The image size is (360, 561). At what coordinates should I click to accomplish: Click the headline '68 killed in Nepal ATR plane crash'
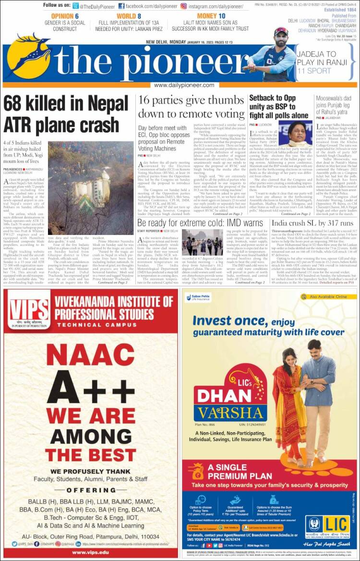[66, 114]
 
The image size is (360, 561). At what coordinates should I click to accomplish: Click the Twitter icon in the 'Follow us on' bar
[76, 6]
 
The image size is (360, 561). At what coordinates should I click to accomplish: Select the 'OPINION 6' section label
[65, 16]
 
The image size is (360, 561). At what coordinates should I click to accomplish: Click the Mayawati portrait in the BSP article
[299, 134]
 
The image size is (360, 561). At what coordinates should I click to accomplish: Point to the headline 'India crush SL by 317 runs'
[312, 223]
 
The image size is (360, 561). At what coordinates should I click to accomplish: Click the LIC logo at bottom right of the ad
[328, 526]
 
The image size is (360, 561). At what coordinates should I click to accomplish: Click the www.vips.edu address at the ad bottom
[90, 552]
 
